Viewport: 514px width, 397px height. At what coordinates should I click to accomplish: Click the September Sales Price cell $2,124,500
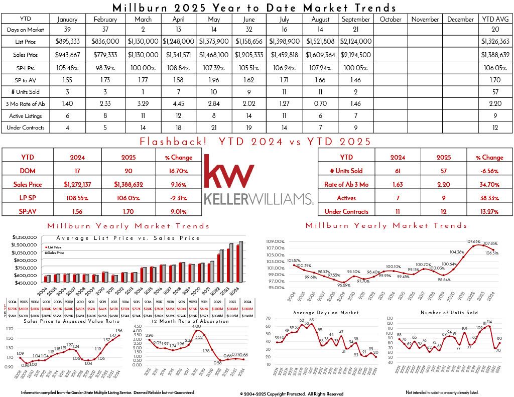point(355,54)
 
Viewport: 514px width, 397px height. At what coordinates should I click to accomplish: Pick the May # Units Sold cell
point(214,92)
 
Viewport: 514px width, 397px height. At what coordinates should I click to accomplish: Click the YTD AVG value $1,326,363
point(494,42)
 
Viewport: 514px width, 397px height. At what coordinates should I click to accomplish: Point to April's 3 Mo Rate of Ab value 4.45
point(178,103)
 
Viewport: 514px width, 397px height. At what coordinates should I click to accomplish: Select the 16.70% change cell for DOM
point(178,171)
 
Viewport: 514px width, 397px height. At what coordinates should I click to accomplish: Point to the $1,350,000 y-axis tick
point(25,236)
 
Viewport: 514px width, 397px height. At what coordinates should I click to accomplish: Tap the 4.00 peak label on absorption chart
point(197,327)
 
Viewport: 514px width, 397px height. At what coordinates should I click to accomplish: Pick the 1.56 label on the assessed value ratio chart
point(119,331)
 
